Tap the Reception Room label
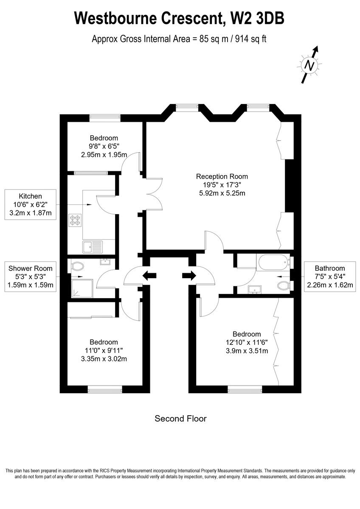coord(222,176)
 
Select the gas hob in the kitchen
coord(75,220)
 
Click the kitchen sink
coord(93,246)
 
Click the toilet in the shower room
coord(77,266)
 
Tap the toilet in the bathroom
coord(284,285)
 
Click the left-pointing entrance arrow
coord(149,276)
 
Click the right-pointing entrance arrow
coord(188,276)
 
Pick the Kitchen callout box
coord(30,204)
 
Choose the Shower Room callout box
coord(30,277)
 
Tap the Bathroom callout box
coord(329,277)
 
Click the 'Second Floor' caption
coord(180,419)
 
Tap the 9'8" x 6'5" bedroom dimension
coord(104,146)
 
